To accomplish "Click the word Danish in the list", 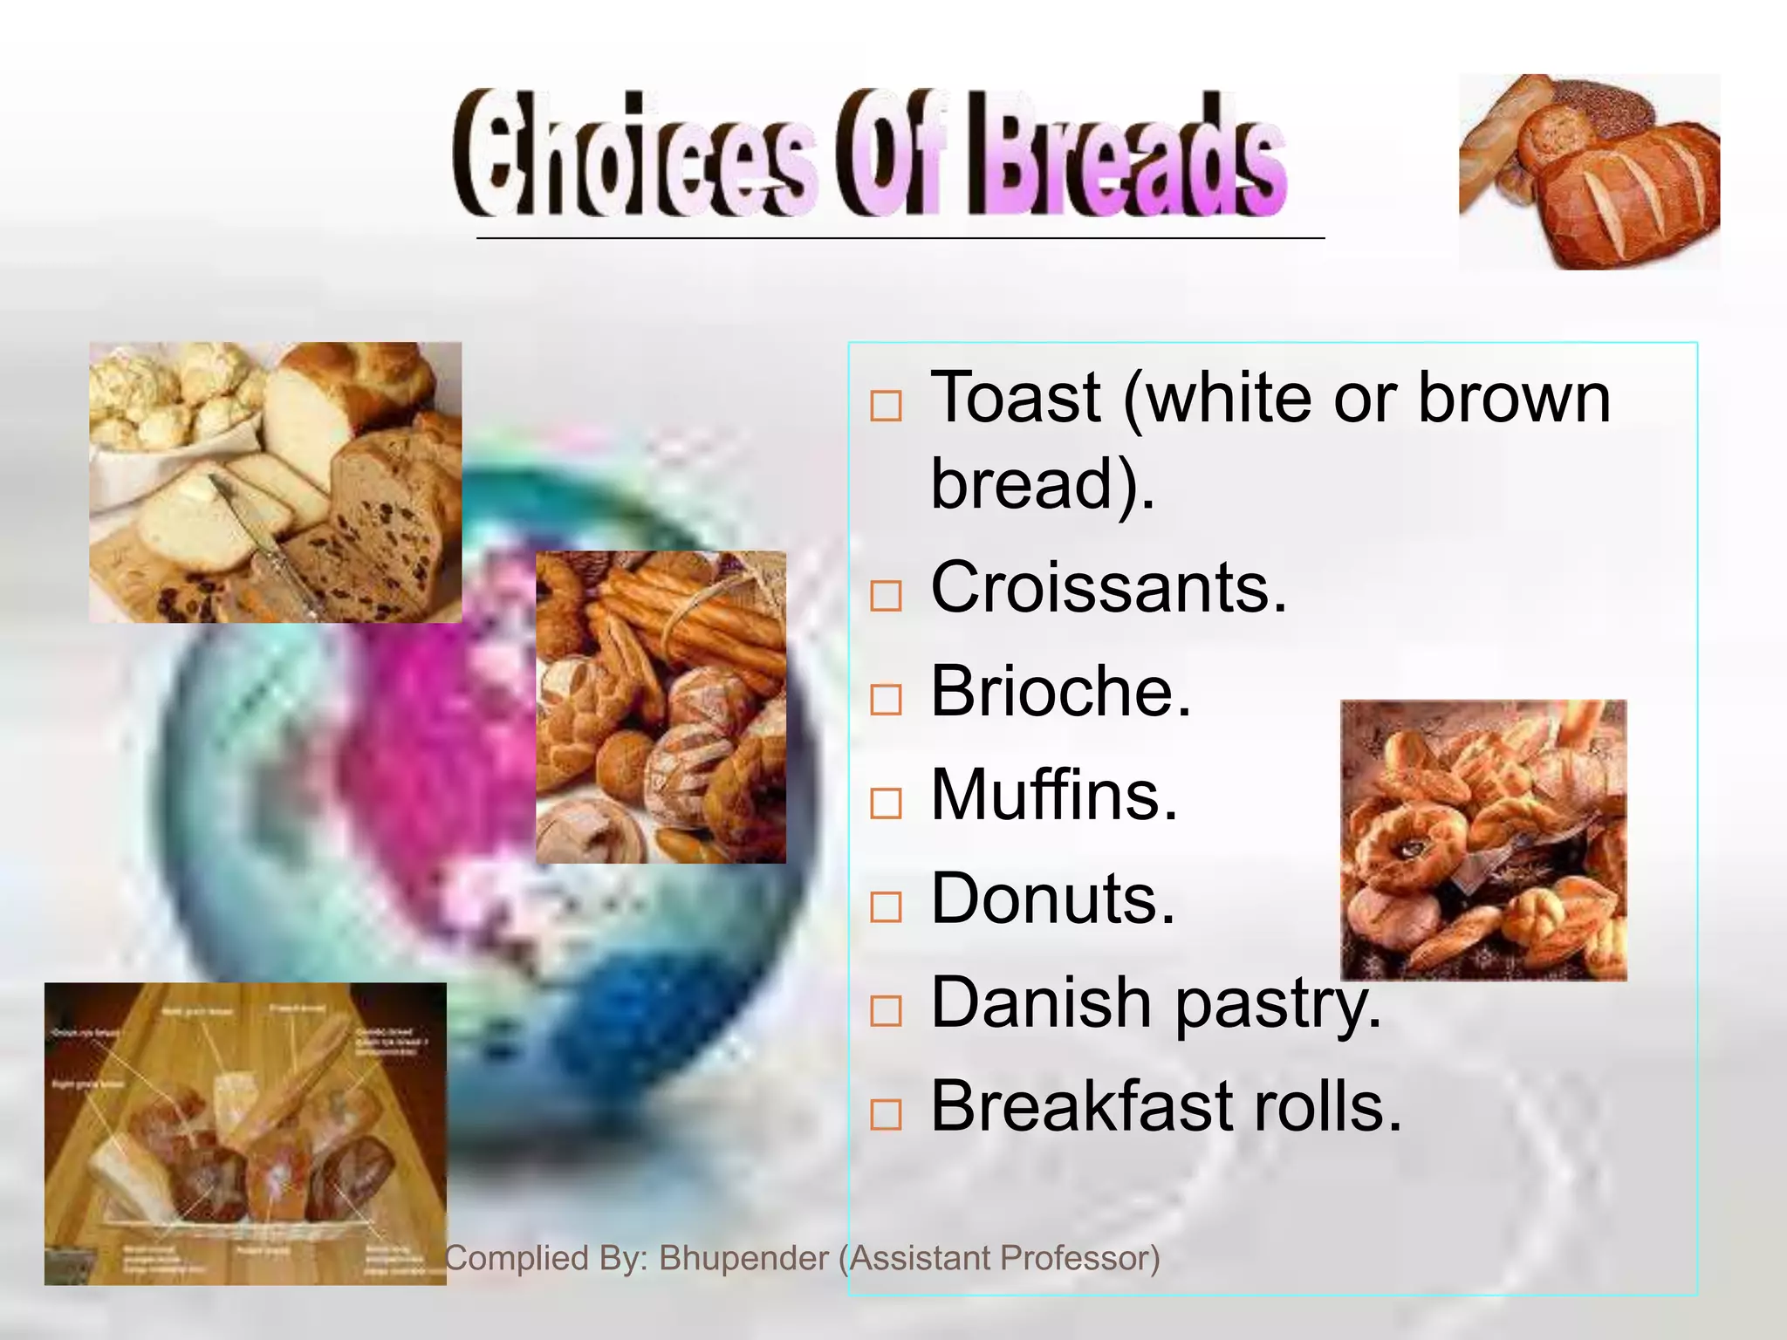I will [1039, 1002].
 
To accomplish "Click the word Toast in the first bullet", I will [1016, 398].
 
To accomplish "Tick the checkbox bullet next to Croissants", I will [886, 596].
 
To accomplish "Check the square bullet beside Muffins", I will [886, 803].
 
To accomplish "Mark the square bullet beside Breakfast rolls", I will [886, 1114].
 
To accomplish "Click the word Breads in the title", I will [1126, 157].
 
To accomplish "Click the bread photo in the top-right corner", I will [1589, 172].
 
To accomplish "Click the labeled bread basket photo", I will [245, 1133].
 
